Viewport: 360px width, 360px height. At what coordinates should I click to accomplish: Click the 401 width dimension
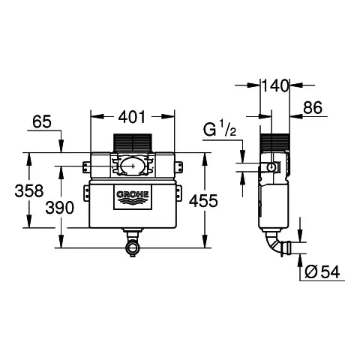click(x=132, y=116)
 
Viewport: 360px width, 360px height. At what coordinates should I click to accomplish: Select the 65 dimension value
click(x=43, y=122)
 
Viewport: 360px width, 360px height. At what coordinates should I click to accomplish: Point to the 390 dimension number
click(x=61, y=208)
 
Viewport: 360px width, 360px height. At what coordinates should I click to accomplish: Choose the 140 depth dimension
click(x=274, y=86)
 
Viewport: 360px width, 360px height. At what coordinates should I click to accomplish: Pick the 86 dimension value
click(x=312, y=109)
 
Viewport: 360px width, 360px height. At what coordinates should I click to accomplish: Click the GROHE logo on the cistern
click(x=132, y=197)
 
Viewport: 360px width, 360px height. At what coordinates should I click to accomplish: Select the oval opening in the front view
click(x=133, y=166)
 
